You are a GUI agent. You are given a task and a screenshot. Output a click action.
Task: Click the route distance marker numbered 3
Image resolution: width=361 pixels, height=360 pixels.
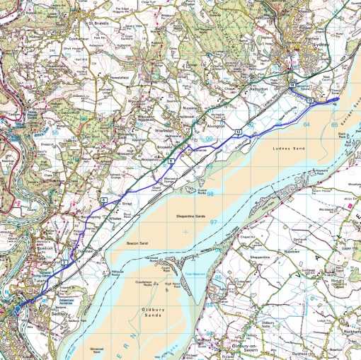(x=64, y=263)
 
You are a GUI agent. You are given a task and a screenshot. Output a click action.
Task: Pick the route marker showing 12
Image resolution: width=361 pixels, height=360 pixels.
(x=239, y=132)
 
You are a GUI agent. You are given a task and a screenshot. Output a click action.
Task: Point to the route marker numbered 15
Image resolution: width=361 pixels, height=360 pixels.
(x=310, y=101)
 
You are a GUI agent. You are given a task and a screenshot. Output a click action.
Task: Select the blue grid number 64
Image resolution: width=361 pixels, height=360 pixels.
(x=306, y=124)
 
